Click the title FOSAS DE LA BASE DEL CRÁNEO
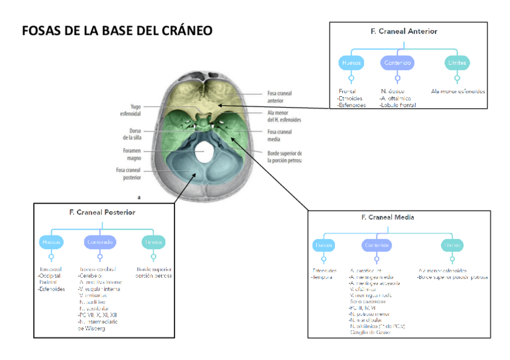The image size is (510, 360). point(117,31)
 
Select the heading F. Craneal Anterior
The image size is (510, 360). point(404,31)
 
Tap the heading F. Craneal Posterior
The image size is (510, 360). point(102,212)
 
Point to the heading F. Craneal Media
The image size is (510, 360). point(387,217)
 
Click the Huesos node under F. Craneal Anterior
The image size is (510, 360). point(351,63)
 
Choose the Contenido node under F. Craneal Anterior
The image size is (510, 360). point(397,63)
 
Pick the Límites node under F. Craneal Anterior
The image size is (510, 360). point(457,63)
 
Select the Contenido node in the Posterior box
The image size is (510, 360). point(100,242)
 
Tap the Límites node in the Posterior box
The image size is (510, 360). point(153,242)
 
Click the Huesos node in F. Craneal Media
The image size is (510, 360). point(324,245)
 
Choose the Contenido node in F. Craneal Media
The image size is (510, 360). point(376,245)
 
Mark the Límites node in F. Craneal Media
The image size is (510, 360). point(452,245)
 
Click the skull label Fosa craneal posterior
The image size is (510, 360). point(128,173)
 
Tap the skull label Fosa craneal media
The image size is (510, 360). point(279,135)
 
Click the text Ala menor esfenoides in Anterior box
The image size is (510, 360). point(458,91)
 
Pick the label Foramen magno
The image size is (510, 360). point(132,154)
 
